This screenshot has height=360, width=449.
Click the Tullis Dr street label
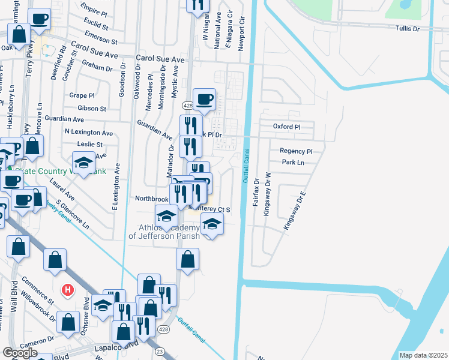pyautogui.click(x=411, y=28)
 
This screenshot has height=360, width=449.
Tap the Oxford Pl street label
pyautogui.click(x=286, y=127)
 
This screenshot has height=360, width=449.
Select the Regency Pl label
pyautogui.click(x=296, y=151)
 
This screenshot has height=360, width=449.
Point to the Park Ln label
pyautogui.click(x=292, y=163)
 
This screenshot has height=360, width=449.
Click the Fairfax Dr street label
pyautogui.click(x=256, y=193)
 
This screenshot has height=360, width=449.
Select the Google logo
pyautogui.click(x=20, y=353)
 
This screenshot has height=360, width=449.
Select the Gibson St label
pyautogui.click(x=92, y=109)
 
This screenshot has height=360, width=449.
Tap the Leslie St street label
pyautogui.click(x=90, y=145)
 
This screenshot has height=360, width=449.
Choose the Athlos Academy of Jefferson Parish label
pyautogui.click(x=164, y=231)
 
